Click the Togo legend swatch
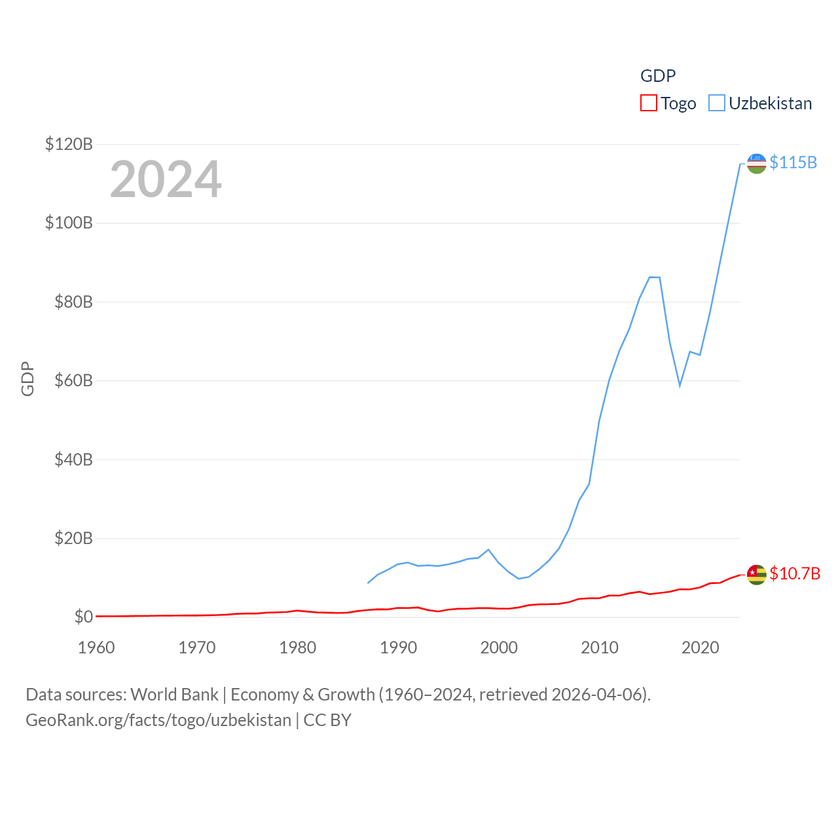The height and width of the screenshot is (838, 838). (x=648, y=103)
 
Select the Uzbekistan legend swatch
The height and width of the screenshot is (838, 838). (x=717, y=103)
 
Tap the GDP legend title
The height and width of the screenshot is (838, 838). (x=657, y=76)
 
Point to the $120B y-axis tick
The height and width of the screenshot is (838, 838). (x=69, y=144)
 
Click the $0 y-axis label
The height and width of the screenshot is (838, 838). (x=83, y=617)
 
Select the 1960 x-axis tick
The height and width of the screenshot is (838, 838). (x=96, y=647)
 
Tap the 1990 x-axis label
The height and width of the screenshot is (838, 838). (x=398, y=647)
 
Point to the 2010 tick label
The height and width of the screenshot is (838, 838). (x=600, y=647)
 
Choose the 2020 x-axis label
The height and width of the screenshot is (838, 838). (x=701, y=647)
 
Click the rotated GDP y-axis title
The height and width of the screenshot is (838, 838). (x=27, y=378)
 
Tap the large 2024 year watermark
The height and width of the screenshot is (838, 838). (x=166, y=179)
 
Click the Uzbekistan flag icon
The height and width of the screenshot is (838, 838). (x=756, y=164)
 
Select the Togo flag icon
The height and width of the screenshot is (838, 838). (x=756, y=574)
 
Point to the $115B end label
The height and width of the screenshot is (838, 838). (x=793, y=162)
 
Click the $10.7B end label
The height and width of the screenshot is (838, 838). (x=795, y=574)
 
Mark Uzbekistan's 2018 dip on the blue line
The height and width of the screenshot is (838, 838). (x=680, y=385)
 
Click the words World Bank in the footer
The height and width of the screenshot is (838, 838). (x=174, y=694)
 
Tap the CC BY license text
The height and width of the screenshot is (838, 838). (x=327, y=720)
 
